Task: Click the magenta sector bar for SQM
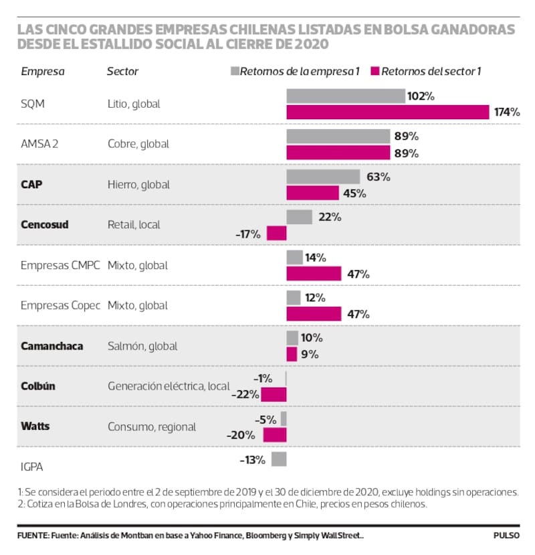[x=388, y=112]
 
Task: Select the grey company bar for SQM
[x=346, y=96]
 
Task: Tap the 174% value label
[x=507, y=112]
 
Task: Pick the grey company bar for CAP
[x=323, y=177]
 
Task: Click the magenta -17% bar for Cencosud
[x=277, y=234]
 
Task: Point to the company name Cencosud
[x=45, y=225]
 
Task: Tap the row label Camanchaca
[x=51, y=345]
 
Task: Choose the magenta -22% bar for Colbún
[x=274, y=394]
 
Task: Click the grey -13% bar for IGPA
[x=280, y=459]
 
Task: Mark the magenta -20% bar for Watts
[x=275, y=434]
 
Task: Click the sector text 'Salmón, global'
[x=142, y=345]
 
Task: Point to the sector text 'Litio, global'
[x=134, y=104]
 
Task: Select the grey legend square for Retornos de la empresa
[x=234, y=70]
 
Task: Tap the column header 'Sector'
[x=123, y=71]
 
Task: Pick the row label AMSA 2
[x=41, y=144]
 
